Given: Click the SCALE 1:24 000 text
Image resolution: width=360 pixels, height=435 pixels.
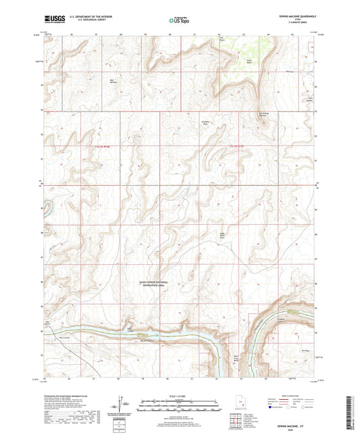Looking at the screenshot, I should (x=179, y=395).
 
